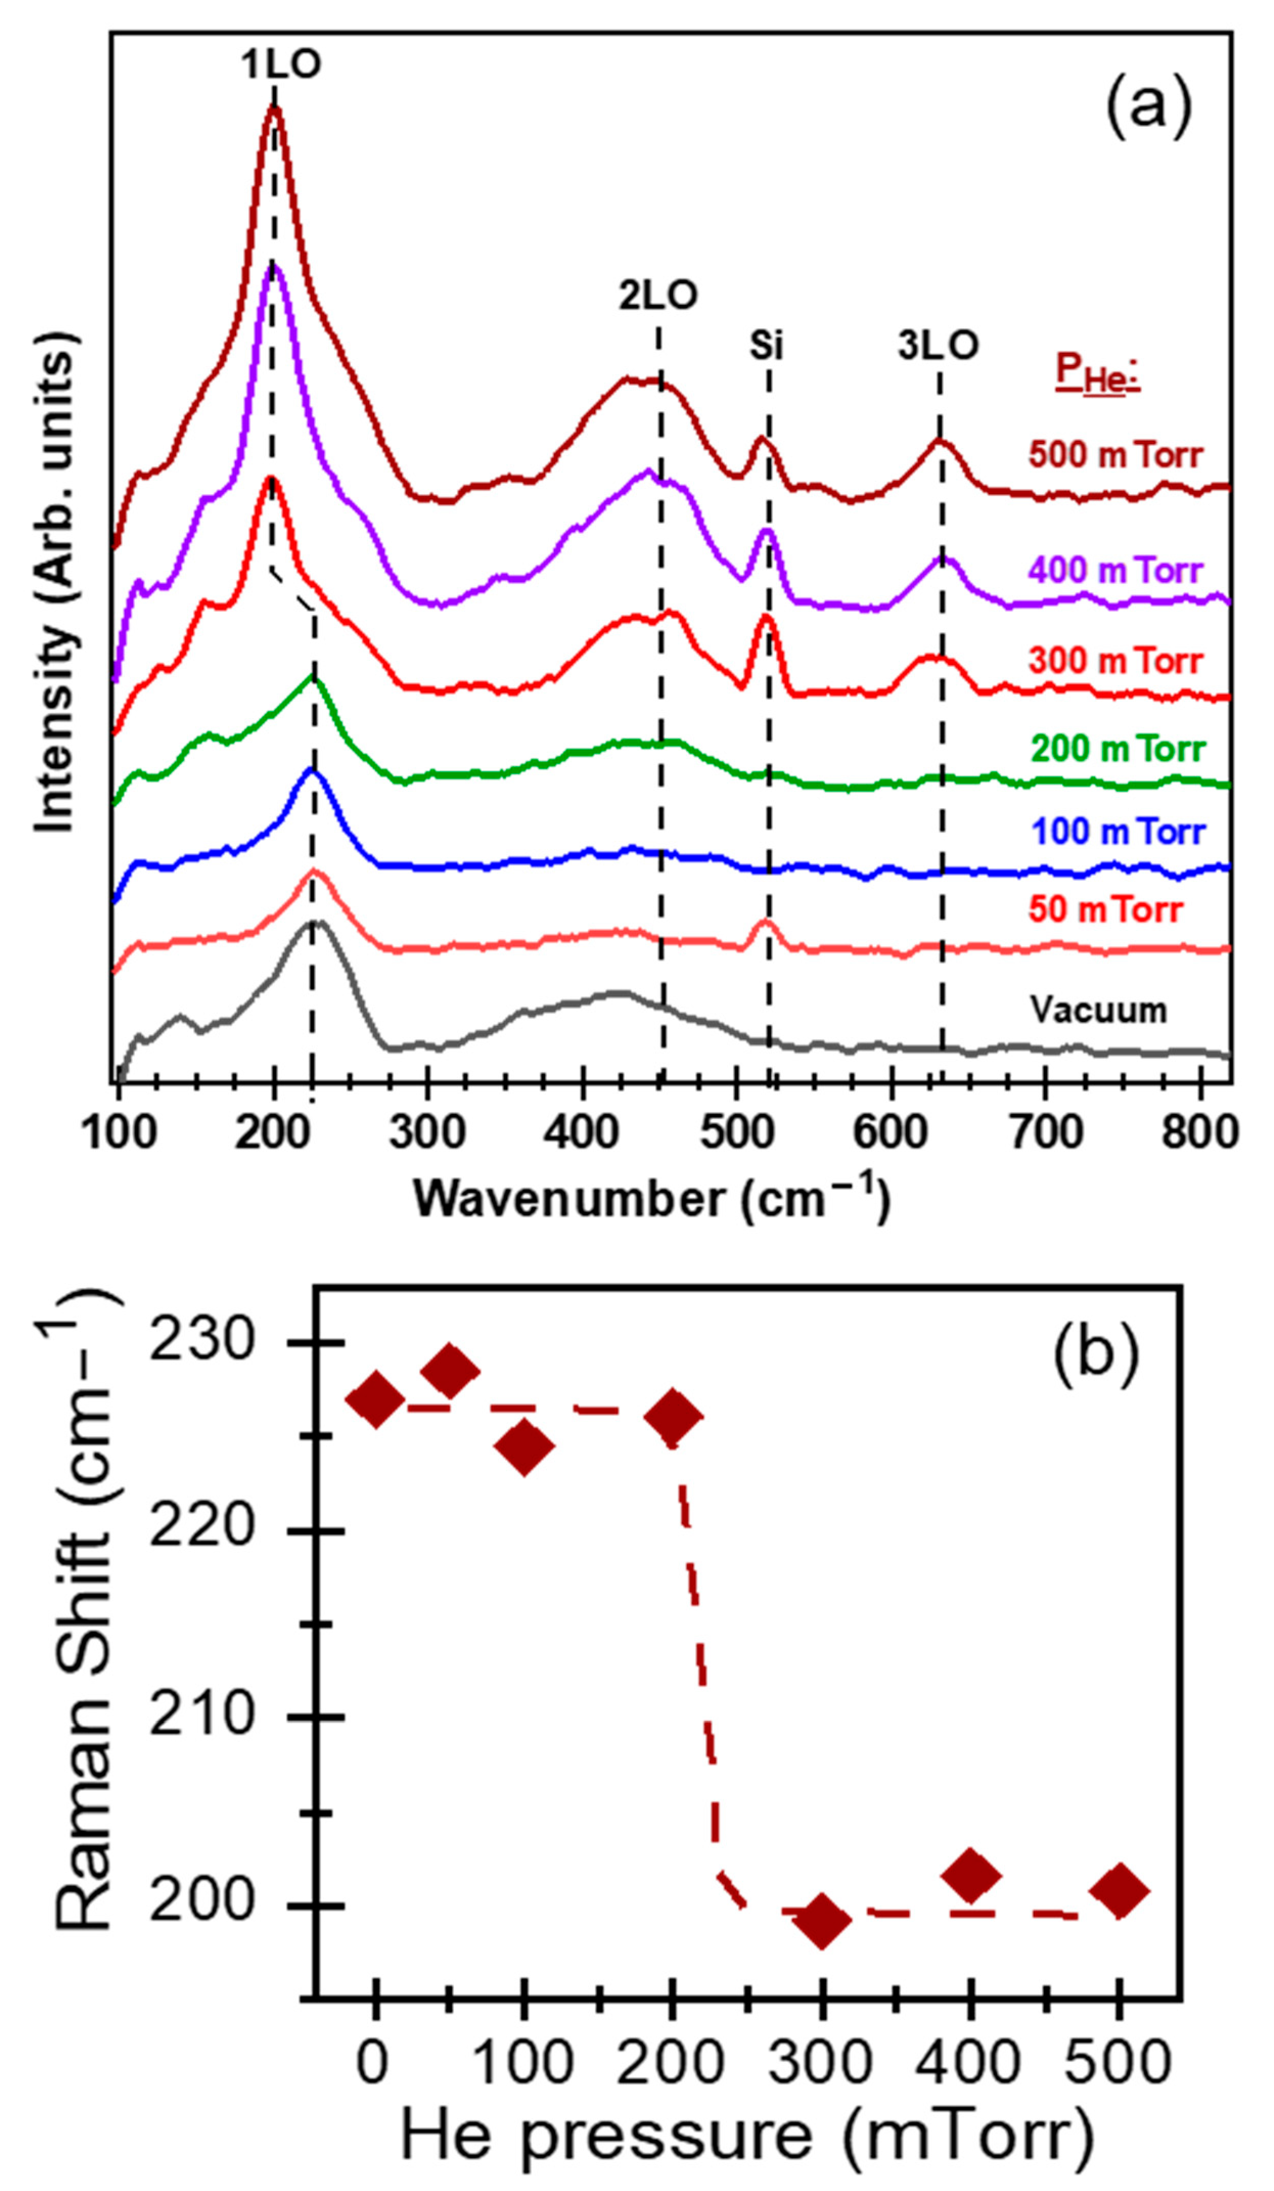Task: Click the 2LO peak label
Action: point(658,297)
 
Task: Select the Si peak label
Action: point(766,346)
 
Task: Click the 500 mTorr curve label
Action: point(1116,455)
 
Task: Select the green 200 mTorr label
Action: point(1118,749)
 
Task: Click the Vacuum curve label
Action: point(1099,1010)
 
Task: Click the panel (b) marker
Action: point(1095,1355)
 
